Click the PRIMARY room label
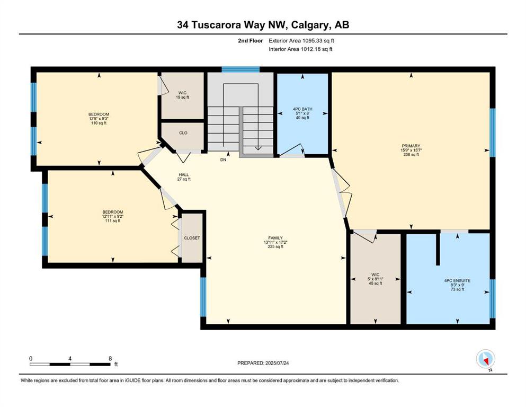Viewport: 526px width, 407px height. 411,146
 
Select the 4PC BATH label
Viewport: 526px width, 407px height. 302,109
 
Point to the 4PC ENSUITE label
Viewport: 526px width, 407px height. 457,280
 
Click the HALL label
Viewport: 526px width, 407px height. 184,175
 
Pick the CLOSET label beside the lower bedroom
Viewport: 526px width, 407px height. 192,238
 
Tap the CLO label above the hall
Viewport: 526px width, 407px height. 183,133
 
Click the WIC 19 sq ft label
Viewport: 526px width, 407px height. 183,95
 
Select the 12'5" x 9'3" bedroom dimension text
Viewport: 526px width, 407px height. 99,119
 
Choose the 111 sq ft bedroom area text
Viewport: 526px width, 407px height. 113,221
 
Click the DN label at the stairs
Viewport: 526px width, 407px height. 224,160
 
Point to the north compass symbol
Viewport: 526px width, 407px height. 485,359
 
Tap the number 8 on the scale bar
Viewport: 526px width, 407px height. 110,359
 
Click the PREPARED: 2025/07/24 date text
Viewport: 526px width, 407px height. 263,363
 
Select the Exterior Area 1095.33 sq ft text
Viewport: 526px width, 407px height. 301,41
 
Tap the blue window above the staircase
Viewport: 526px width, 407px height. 240,69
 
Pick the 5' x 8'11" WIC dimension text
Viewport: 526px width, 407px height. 376,279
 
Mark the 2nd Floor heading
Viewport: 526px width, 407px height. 251,41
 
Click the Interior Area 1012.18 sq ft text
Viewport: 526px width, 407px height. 300,49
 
